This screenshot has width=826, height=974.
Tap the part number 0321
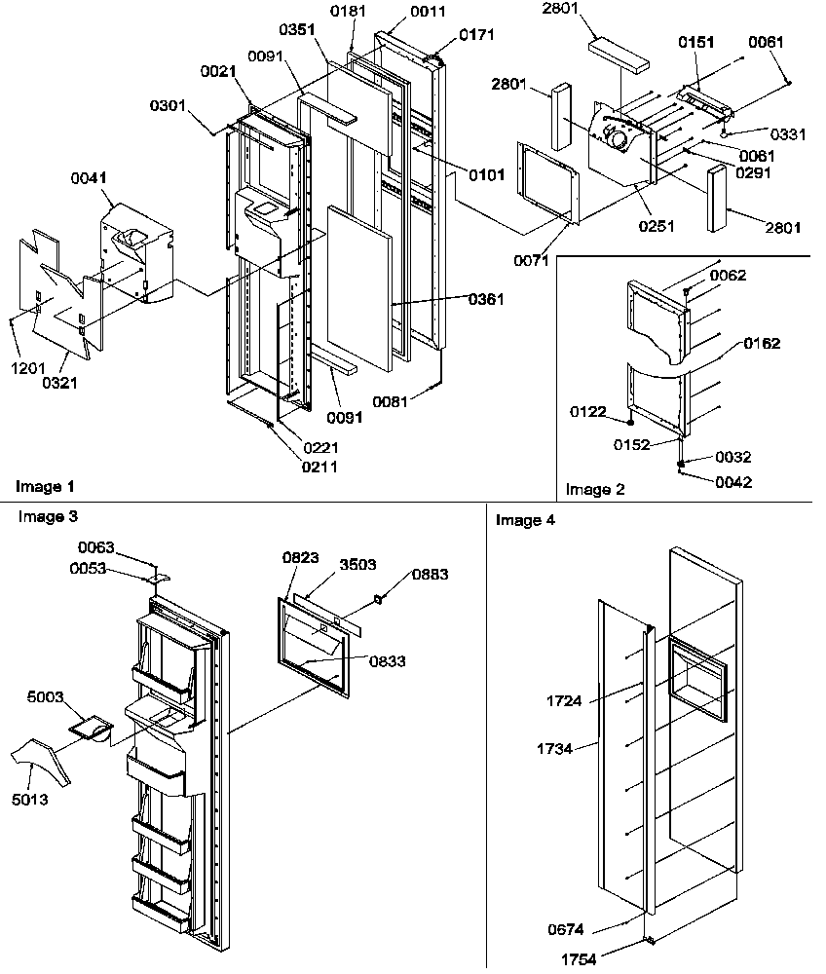[59, 383]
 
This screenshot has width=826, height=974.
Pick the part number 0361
[484, 299]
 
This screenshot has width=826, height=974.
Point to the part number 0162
[762, 343]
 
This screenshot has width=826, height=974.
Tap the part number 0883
[430, 575]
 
